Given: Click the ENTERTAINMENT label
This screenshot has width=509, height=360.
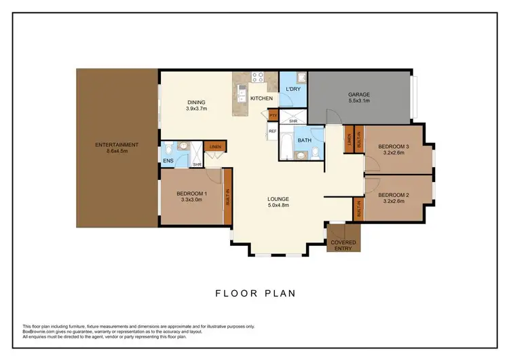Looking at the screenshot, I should [x=117, y=145].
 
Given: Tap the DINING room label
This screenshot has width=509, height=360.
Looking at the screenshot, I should [x=197, y=103].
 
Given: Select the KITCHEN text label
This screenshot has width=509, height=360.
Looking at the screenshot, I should [x=261, y=99].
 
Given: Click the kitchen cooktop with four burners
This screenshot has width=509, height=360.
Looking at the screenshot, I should [x=258, y=77].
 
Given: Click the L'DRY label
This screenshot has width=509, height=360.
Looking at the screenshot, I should [x=293, y=89].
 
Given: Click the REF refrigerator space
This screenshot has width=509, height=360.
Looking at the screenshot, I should [x=273, y=132].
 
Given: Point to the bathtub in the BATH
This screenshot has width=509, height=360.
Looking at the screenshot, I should [x=287, y=145].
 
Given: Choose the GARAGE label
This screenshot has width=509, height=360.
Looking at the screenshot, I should [x=359, y=95].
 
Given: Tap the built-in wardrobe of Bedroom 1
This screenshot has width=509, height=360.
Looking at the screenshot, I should [x=228, y=196].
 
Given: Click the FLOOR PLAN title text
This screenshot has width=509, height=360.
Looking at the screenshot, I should [x=255, y=293].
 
